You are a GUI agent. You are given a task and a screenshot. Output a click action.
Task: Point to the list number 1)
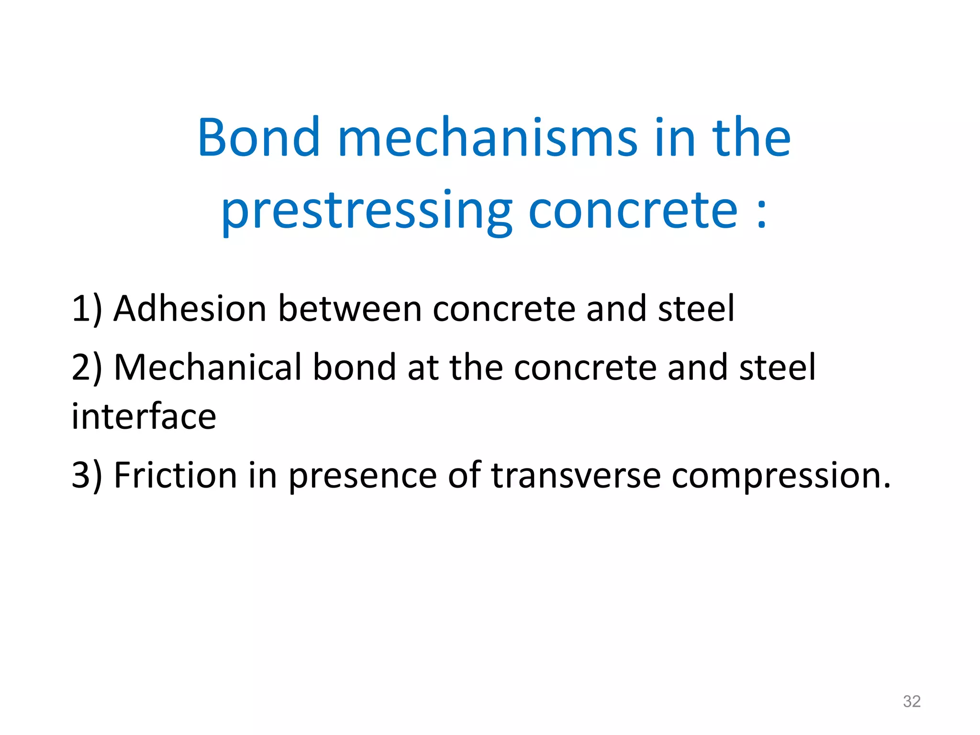click(x=87, y=309)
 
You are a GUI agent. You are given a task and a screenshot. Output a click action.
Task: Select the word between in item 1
click(x=350, y=309)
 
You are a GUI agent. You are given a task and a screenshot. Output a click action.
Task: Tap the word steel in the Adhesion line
click(x=696, y=309)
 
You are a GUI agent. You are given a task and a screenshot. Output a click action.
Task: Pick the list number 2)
click(x=87, y=367)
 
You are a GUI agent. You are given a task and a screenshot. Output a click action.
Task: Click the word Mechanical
click(x=208, y=367)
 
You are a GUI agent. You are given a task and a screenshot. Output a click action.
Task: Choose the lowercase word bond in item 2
click(x=354, y=367)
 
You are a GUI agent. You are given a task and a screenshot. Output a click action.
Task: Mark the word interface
click(x=144, y=416)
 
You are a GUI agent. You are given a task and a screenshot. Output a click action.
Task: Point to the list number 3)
click(x=87, y=476)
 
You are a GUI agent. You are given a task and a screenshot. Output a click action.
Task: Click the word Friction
click(x=175, y=476)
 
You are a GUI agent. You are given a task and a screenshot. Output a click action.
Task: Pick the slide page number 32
click(x=912, y=702)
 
